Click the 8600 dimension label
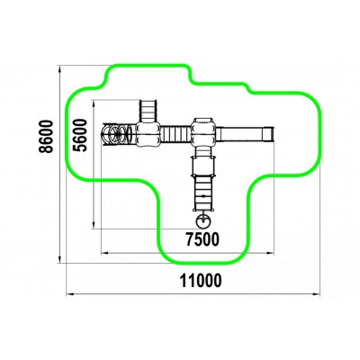(46, 137)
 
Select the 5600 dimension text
(80, 135)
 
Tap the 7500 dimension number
(202, 239)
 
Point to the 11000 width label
(201, 281)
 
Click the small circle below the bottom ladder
(203, 221)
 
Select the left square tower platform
(148, 134)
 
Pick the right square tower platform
(204, 132)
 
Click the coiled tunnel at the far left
(119, 134)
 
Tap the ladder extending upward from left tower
(148, 111)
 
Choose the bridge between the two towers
(176, 134)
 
